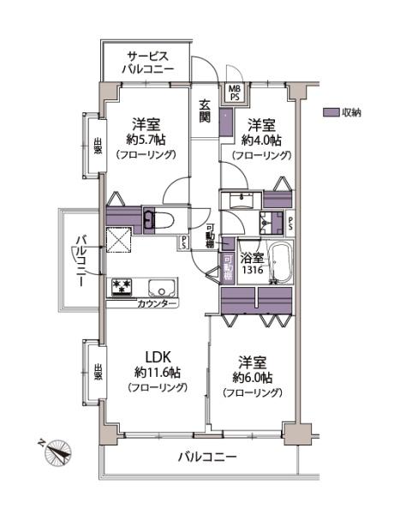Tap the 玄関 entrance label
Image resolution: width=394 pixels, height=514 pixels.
206,111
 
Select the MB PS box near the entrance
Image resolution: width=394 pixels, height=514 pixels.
234,92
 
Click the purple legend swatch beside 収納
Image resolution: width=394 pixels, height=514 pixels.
331,112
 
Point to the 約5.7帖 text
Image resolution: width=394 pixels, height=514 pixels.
147,139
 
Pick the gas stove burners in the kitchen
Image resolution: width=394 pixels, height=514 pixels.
119,286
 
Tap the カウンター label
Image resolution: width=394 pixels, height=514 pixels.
157,304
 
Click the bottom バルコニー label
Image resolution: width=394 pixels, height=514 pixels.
206,457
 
